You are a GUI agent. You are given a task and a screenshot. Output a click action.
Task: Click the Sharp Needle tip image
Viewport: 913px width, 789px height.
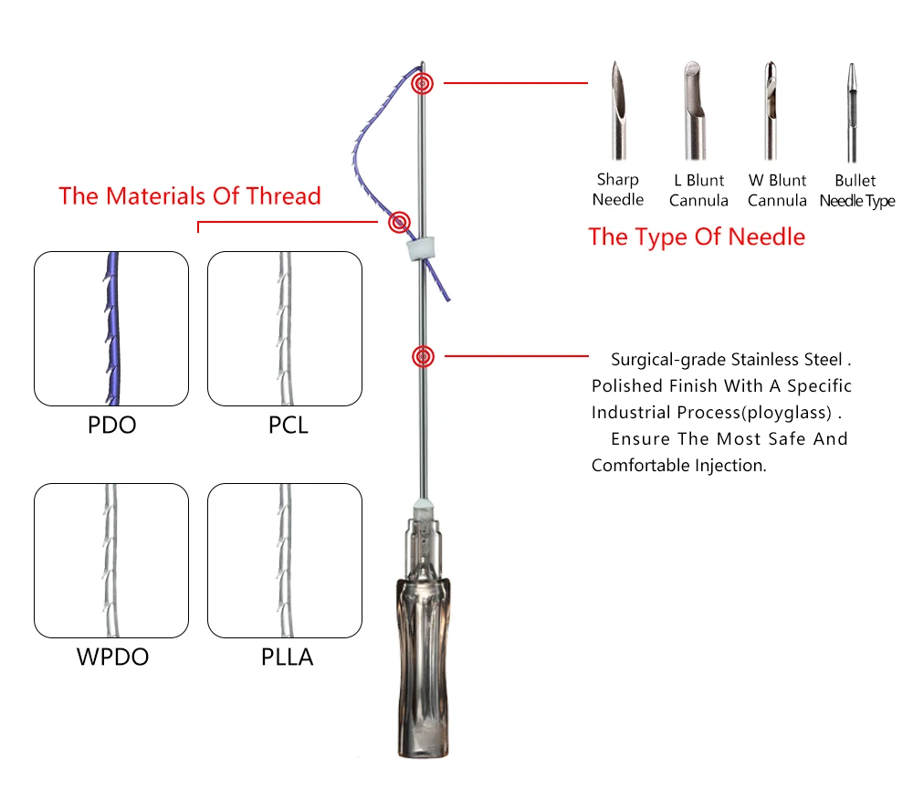618,110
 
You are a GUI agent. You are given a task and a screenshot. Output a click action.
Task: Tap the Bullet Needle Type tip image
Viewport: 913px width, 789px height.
853,110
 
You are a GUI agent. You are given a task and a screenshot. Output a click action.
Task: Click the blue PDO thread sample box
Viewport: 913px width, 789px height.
111,329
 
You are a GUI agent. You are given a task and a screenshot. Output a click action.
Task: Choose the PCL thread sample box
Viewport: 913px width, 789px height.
285,329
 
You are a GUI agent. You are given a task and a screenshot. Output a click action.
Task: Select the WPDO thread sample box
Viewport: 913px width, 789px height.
111,560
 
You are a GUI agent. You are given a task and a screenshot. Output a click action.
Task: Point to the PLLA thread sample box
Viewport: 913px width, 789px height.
285,560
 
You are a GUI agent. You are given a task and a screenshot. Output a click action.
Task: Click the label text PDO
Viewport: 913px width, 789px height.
111,426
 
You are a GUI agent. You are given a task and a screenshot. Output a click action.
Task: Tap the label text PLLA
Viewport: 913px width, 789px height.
288,657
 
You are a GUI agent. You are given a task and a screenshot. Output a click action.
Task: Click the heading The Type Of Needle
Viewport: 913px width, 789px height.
697,237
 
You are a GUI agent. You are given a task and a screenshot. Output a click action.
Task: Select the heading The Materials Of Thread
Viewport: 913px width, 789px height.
190,196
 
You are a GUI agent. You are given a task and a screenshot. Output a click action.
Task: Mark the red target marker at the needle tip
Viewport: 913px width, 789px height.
422,84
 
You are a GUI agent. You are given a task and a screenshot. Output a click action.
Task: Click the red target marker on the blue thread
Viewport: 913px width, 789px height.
399,222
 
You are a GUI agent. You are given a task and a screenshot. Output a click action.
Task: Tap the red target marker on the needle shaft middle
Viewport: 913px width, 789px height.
422,356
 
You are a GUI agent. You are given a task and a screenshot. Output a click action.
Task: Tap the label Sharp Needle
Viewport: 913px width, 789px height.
618,190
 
